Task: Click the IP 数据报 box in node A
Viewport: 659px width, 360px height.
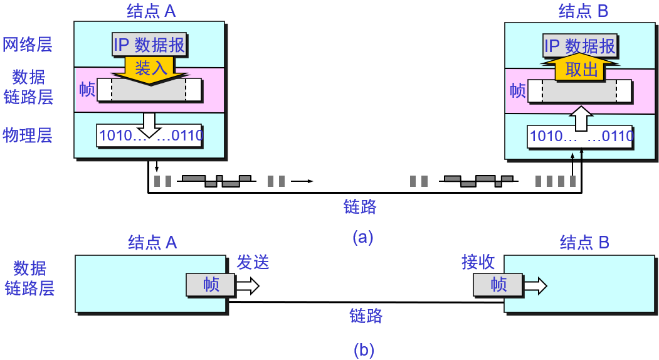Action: pos(149,45)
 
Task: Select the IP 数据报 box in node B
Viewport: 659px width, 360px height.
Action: pos(580,46)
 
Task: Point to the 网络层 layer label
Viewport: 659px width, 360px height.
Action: pos(28,45)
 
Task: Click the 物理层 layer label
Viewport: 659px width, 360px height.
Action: pos(28,135)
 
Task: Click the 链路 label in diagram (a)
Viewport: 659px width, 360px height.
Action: pos(360,206)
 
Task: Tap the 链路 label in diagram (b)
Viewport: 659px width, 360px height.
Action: pos(366,315)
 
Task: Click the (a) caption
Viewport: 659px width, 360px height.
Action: pos(363,237)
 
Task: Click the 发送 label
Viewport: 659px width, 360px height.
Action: pos(253,262)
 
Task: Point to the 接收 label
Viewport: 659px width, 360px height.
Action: pos(478,262)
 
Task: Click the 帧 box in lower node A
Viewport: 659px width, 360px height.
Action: pos(211,285)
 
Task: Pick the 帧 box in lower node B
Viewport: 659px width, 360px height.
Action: pos(498,285)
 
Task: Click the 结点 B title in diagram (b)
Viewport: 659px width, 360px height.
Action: pos(584,242)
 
